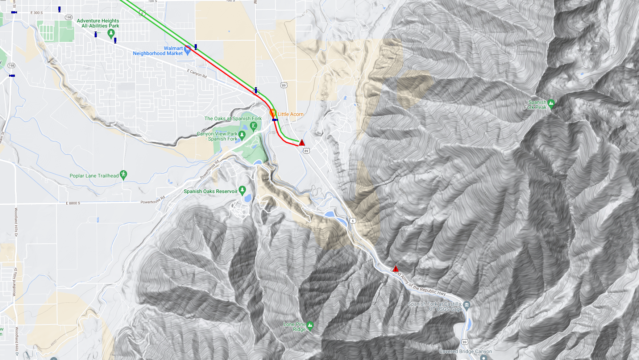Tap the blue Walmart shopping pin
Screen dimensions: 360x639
187,50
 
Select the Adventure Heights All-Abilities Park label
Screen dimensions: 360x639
98,23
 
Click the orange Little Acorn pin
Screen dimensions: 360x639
273,113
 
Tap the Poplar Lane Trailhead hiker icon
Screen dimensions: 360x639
124,175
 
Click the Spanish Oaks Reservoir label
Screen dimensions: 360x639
210,191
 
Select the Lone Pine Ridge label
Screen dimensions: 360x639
294,327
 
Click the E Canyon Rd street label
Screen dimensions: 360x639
197,74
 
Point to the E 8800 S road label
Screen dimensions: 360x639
73,203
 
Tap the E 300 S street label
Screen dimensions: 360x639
36,13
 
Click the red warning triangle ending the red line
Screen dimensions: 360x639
302,143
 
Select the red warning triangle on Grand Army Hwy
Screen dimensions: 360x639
396,269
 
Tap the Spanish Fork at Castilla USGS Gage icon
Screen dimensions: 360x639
467,305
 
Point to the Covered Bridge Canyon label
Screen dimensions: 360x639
465,351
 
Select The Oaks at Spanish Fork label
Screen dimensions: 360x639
233,118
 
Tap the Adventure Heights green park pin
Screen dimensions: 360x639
111,33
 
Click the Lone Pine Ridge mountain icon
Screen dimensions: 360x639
310,326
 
